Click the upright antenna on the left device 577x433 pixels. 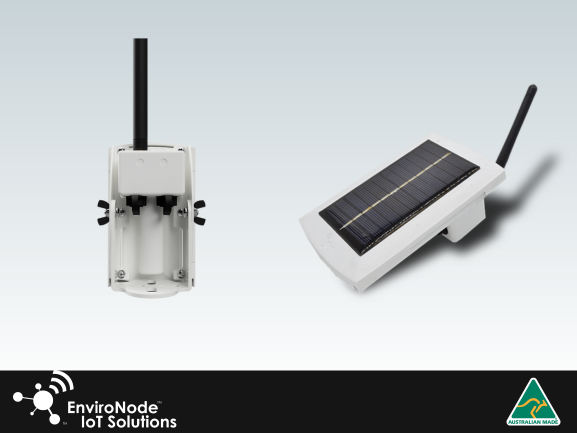pos(140,94)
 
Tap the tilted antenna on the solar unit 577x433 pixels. pos(517,125)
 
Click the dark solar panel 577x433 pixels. pos(399,197)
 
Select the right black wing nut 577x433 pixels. pos(199,213)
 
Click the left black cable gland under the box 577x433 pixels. pos(135,205)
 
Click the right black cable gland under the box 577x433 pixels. pos(165,205)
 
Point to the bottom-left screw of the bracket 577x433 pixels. pos(120,274)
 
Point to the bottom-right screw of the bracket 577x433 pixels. pos(181,274)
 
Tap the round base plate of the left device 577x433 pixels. pos(150,288)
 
